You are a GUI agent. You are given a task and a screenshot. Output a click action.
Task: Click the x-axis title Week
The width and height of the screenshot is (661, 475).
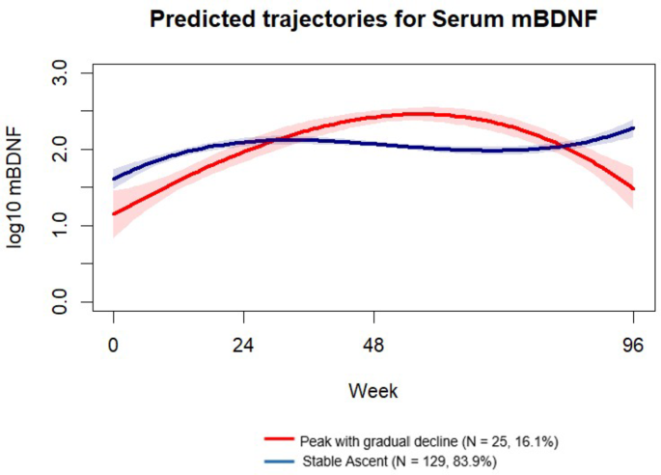(373, 391)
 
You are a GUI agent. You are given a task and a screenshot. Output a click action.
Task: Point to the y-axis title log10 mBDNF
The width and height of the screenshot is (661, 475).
(20, 188)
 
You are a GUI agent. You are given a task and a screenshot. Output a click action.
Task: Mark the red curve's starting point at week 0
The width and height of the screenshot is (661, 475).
(114, 213)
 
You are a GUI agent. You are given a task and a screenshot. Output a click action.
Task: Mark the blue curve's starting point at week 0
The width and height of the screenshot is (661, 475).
(114, 179)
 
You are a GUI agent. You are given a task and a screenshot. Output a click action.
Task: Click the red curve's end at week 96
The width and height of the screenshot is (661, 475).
(633, 188)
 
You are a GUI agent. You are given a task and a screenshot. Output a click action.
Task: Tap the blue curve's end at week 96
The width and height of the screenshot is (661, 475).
(633, 128)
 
